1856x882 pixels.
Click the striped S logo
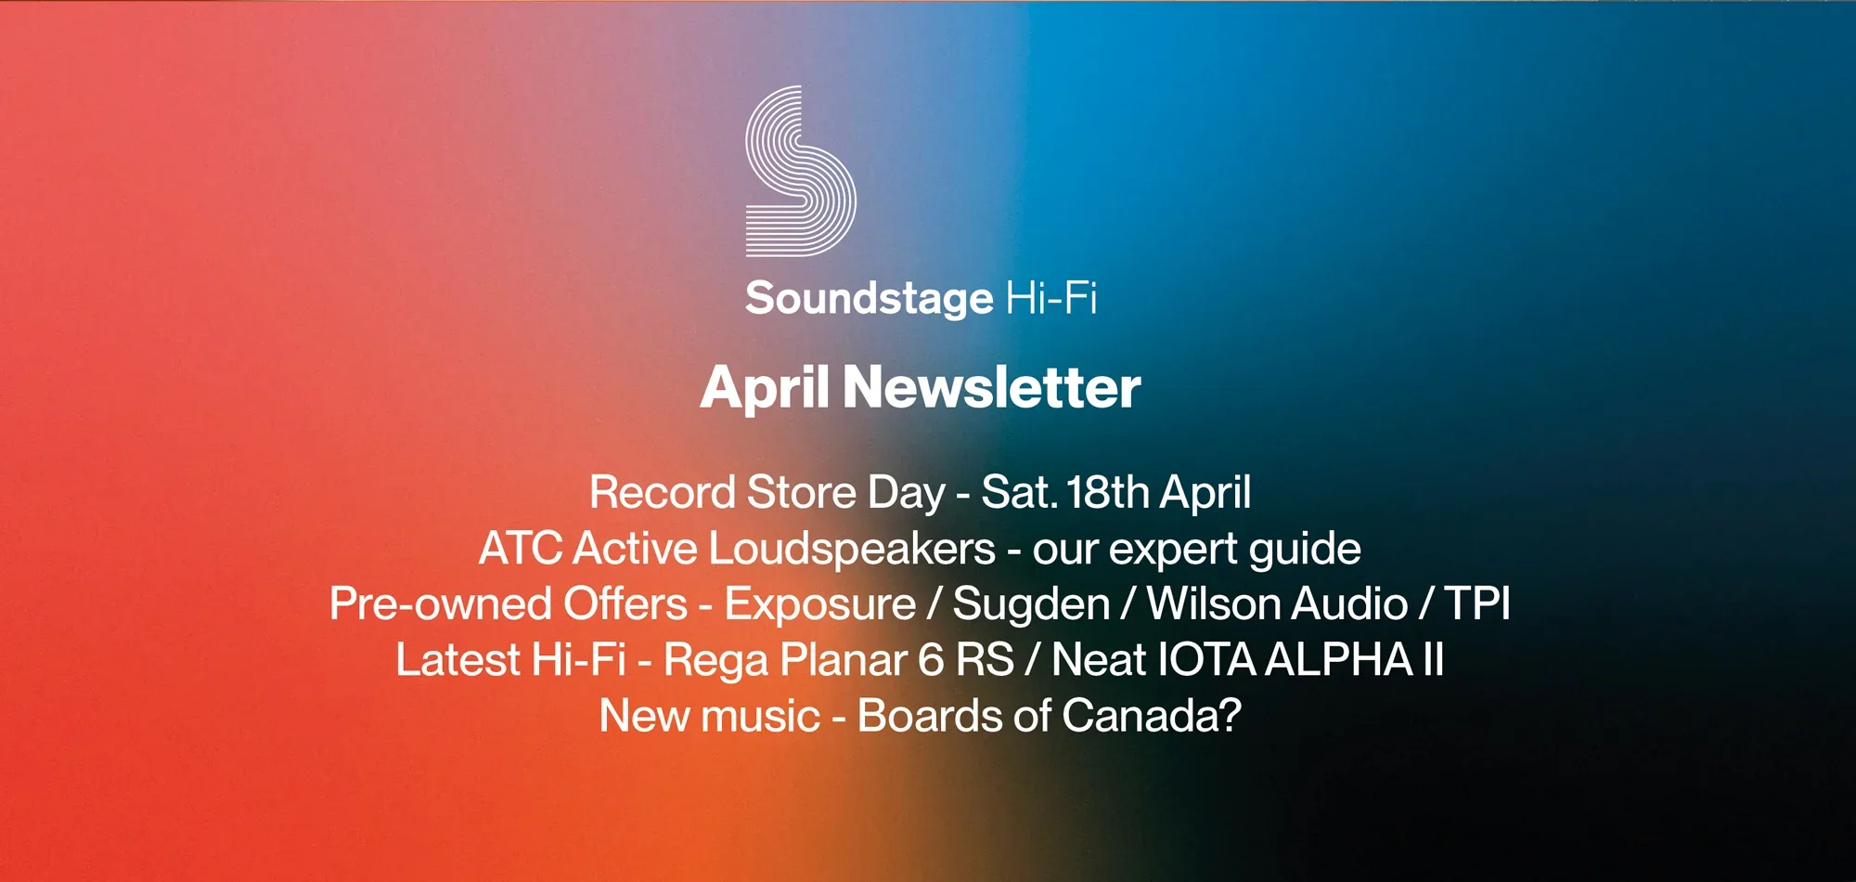(800, 172)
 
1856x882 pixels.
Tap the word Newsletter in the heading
(991, 387)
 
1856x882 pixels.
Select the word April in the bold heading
(765, 389)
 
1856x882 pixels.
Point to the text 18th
(1108, 492)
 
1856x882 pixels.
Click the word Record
(663, 492)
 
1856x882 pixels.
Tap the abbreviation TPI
(1477, 604)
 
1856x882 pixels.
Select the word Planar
(843, 660)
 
